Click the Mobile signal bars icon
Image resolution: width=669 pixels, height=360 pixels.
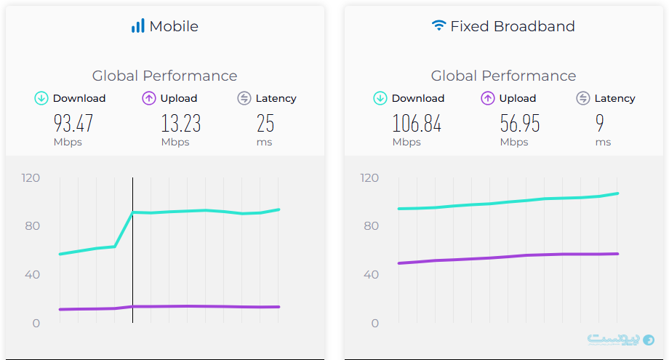coord(137,26)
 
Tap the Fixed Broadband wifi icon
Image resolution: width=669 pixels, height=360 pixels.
coord(438,26)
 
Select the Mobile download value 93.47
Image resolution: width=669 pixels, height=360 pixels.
coord(73,124)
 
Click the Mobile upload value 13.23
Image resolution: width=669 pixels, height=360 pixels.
coord(180,124)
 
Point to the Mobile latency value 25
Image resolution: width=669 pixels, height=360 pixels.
coord(265,124)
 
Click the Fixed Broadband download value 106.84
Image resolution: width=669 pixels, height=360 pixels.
coord(417,124)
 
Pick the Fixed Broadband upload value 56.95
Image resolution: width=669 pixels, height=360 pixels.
coord(520,124)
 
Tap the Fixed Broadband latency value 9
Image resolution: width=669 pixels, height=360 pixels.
coord(600,124)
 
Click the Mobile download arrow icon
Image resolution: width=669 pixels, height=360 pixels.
coord(41,98)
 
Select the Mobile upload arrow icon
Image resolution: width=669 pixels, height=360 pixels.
coord(149,98)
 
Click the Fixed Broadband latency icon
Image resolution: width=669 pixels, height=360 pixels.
coord(583,98)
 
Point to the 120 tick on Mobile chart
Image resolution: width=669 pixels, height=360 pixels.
coord(31,177)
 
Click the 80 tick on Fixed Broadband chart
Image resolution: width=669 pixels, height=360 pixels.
coord(372,226)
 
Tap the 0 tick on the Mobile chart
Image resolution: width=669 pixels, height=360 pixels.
coord(36,323)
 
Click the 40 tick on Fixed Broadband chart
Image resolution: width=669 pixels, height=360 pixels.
coord(372,274)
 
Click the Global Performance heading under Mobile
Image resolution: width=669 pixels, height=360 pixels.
coord(164,76)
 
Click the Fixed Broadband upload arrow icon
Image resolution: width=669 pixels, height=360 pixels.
coord(488,98)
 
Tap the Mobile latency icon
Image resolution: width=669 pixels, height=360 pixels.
coord(244,98)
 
